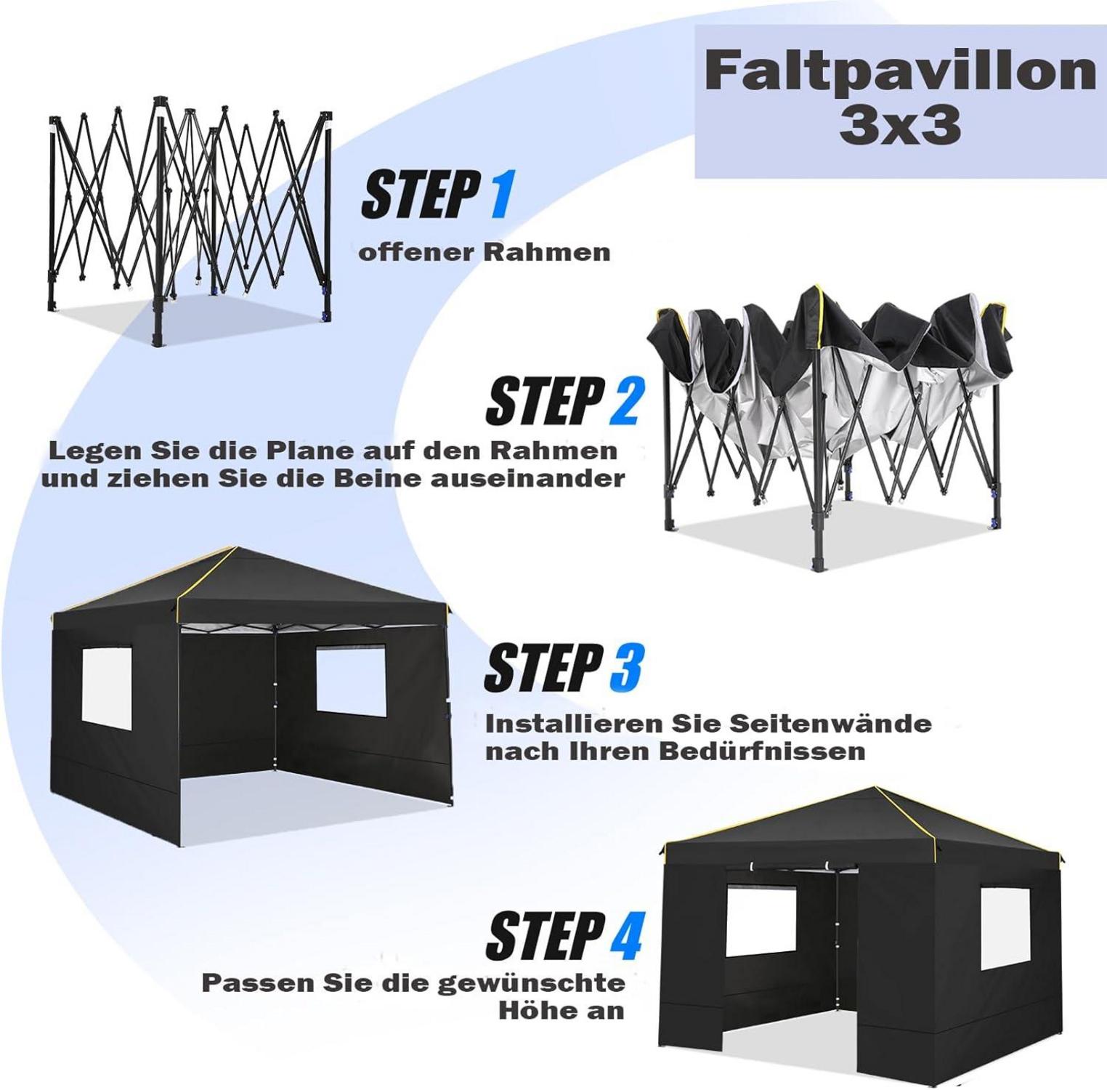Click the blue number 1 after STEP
[500, 194]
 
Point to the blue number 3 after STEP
[627, 668]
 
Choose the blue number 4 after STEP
[626, 935]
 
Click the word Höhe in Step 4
[534, 1011]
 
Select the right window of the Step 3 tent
[351, 681]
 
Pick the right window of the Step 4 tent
[1005, 929]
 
